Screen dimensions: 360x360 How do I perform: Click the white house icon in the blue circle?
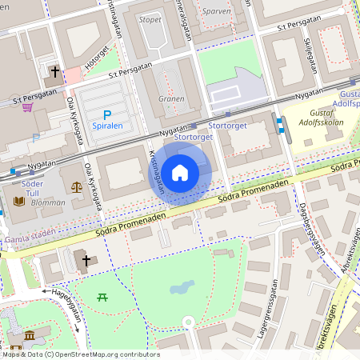180,173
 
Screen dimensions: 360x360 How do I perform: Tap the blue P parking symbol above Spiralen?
107,114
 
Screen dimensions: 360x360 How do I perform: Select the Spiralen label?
108,126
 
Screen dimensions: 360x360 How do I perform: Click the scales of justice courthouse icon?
77,186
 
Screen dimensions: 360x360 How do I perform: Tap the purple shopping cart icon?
27,106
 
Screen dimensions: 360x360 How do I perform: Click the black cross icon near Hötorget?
55,72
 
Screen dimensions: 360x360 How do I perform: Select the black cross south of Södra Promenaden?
84,258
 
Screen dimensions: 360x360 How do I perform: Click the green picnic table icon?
102,298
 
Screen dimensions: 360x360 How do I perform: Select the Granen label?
171,99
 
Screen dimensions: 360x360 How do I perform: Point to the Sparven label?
216,11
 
